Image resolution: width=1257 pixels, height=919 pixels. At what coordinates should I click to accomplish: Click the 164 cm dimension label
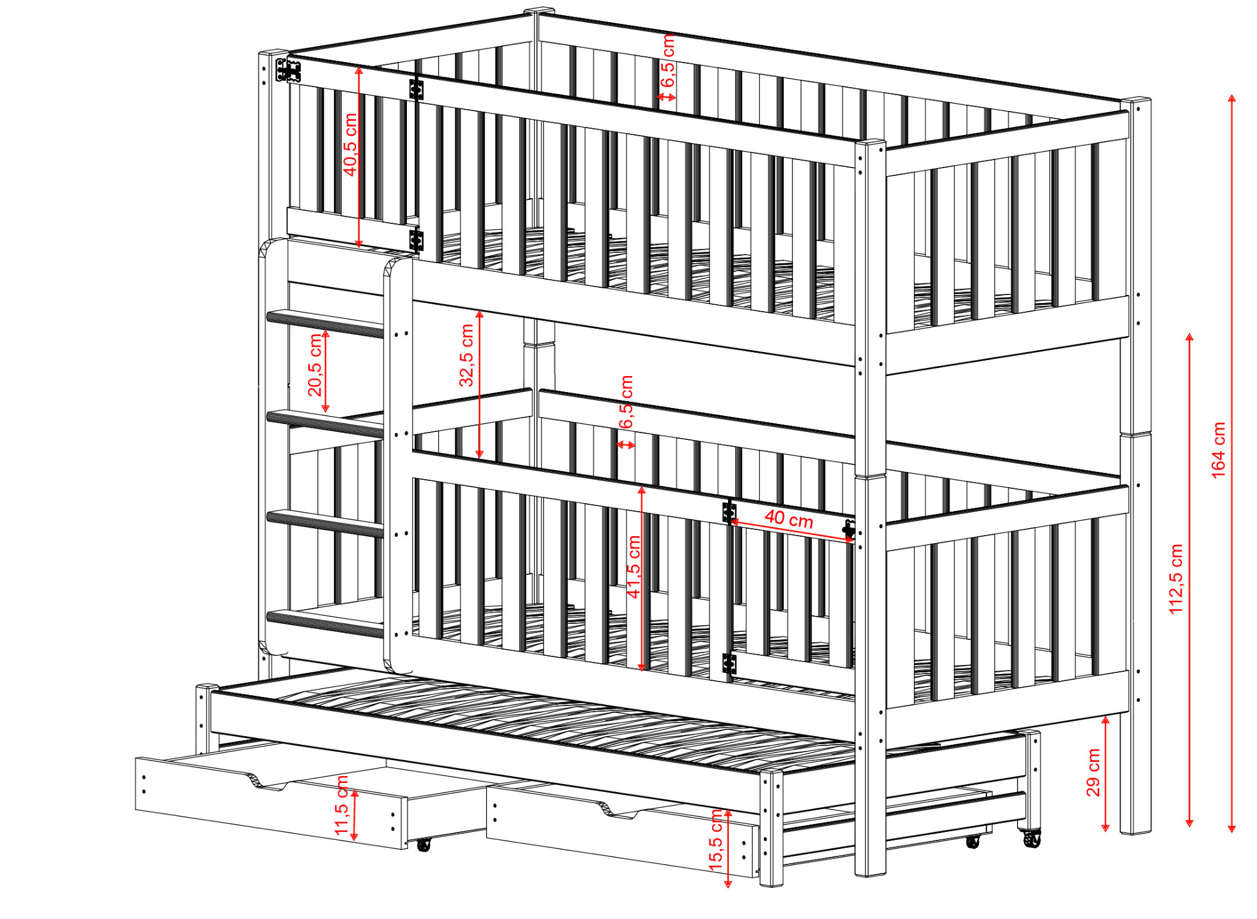pyautogui.click(x=1218, y=450)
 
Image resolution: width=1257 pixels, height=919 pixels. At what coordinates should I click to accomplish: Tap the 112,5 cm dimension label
pyautogui.click(x=1176, y=579)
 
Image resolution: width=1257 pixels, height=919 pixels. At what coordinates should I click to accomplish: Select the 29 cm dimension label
pyautogui.click(x=1094, y=772)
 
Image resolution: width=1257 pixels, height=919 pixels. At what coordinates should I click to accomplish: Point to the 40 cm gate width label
pyautogui.click(x=789, y=519)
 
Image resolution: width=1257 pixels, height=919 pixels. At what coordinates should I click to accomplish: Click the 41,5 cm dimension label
pyautogui.click(x=633, y=566)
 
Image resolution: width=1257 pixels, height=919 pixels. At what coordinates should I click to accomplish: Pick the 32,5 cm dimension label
pyautogui.click(x=466, y=355)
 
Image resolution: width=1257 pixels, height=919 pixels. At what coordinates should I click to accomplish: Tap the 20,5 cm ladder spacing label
pyautogui.click(x=315, y=365)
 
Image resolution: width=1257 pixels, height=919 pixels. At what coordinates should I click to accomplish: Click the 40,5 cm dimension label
pyautogui.click(x=350, y=144)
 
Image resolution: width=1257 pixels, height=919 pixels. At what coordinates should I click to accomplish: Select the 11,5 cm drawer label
pyautogui.click(x=341, y=805)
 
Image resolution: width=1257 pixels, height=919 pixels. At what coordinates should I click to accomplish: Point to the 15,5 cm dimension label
pyautogui.click(x=716, y=839)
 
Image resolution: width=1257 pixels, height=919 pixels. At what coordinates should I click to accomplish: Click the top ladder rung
pyautogui.click(x=325, y=323)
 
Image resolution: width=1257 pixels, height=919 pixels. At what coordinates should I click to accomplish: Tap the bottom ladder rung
pyautogui.click(x=325, y=623)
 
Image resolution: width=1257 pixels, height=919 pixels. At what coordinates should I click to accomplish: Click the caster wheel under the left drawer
pyautogui.click(x=423, y=845)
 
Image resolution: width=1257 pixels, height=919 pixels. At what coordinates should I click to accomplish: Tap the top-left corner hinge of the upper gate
pyautogui.click(x=288, y=70)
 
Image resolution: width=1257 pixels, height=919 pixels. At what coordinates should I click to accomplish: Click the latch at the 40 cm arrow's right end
pyautogui.click(x=849, y=529)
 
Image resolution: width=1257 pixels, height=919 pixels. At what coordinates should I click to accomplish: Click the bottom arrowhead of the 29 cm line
pyautogui.click(x=1105, y=828)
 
